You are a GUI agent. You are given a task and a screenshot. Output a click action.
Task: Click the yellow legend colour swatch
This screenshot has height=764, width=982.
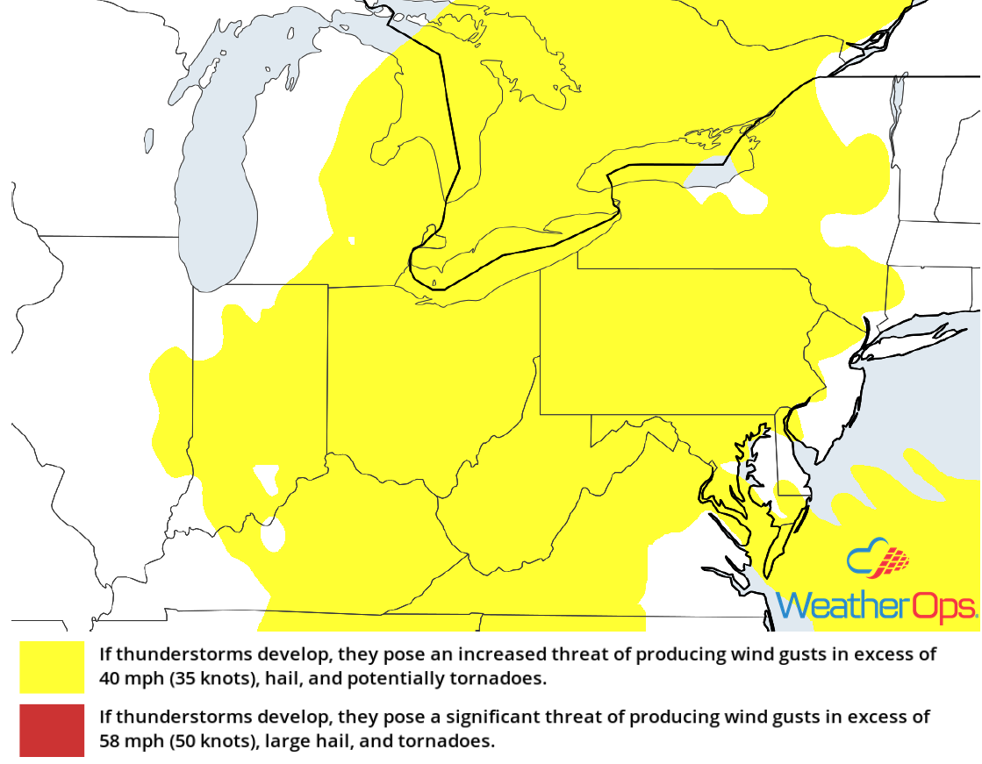53,667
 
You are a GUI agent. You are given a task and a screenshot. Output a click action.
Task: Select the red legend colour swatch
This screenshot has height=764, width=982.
53,730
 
